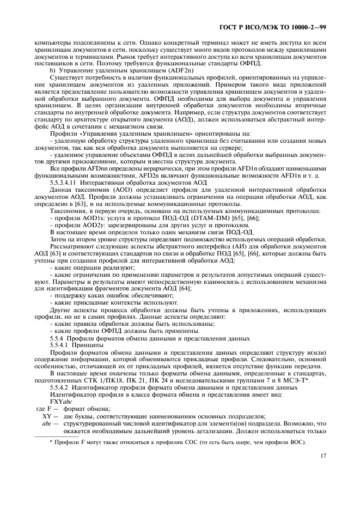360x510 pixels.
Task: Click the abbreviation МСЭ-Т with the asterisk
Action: coord(312,380)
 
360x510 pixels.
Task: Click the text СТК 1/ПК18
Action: coord(124,380)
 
